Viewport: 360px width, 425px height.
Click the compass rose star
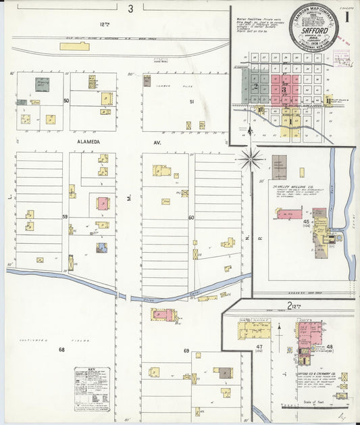[x=251, y=159]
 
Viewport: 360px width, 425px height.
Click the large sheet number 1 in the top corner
[x=346, y=15]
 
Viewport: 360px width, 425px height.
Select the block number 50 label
[x=66, y=101]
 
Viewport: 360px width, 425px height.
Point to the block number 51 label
[x=191, y=101]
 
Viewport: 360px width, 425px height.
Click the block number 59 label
[x=66, y=217]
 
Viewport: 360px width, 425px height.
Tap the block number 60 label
[x=191, y=217]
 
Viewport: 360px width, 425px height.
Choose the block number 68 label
[x=61, y=349]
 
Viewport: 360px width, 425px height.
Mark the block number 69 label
[x=186, y=351]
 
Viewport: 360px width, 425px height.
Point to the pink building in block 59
[x=103, y=203]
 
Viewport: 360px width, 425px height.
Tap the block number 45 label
[x=306, y=221]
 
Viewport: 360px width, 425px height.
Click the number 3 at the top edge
[x=131, y=8]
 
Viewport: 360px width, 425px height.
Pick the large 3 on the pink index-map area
[x=284, y=89]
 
